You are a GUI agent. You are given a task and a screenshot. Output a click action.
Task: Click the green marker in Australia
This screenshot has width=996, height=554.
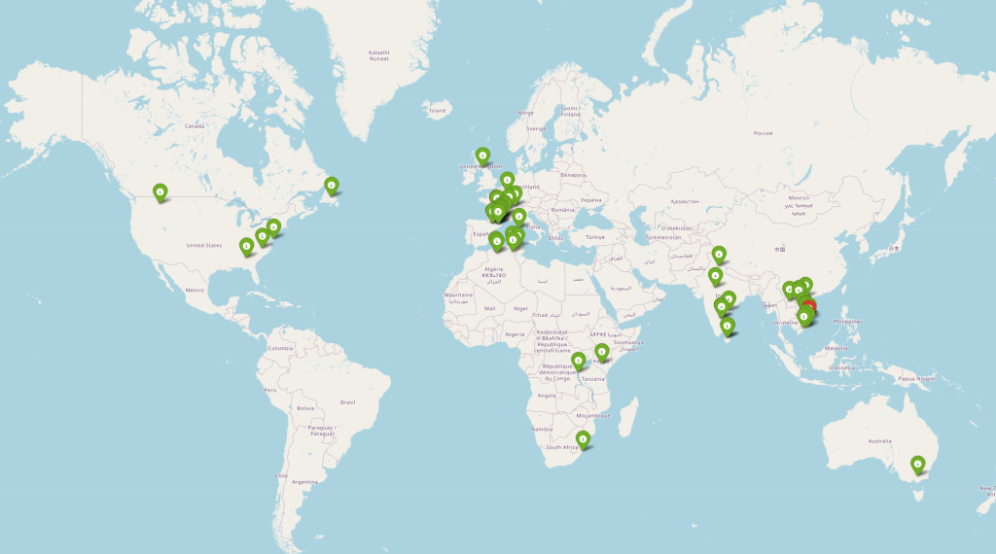point(917,466)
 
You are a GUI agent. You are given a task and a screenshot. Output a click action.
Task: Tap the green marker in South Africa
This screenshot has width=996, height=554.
point(583,440)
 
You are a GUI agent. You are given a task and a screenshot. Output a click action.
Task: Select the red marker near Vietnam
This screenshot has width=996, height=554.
point(810,309)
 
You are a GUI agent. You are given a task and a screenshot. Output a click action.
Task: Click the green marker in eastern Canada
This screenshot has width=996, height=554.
point(332,184)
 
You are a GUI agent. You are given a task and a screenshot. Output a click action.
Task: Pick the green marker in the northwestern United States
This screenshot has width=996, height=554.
point(160,191)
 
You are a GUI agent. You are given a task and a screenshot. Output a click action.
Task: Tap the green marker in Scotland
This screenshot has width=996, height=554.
point(482,155)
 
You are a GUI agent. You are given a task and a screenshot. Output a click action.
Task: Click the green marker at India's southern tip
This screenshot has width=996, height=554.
point(728,327)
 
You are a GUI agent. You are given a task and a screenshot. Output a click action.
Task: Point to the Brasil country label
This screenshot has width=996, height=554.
point(348,401)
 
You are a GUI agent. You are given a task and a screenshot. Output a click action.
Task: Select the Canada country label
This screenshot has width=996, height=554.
point(196,126)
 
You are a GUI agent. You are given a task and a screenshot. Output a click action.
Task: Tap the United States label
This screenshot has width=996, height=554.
point(205,246)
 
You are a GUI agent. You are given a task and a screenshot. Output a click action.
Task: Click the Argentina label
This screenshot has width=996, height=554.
point(304,482)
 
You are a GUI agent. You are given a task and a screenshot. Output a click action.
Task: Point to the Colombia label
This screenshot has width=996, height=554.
point(281,348)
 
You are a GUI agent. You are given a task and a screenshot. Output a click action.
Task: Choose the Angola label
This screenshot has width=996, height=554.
point(546,396)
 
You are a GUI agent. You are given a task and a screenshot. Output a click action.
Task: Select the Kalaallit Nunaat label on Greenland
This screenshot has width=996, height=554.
point(379,55)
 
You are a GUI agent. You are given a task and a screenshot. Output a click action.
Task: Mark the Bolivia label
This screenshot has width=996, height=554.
point(306,408)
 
